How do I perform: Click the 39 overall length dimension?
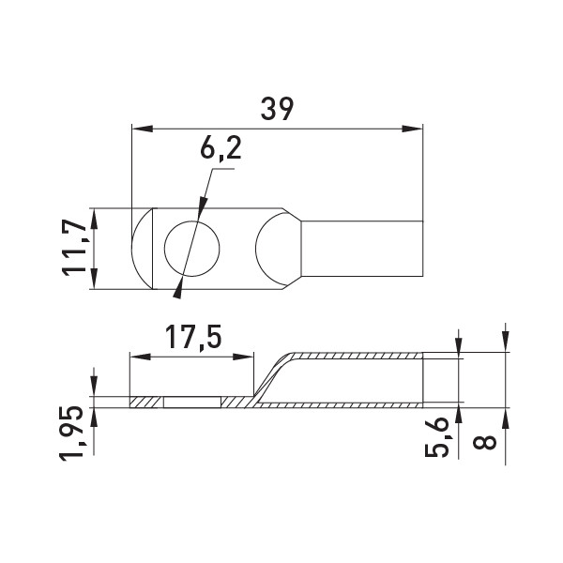[x=277, y=109]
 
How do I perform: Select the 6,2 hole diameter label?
[x=221, y=147]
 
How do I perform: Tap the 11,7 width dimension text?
[x=75, y=248]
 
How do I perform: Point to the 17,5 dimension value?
[x=192, y=338]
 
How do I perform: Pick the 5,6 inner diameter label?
[x=436, y=436]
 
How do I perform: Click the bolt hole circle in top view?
[x=191, y=249]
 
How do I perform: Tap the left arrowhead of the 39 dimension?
[x=143, y=129]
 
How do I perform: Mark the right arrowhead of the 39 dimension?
[x=413, y=129]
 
